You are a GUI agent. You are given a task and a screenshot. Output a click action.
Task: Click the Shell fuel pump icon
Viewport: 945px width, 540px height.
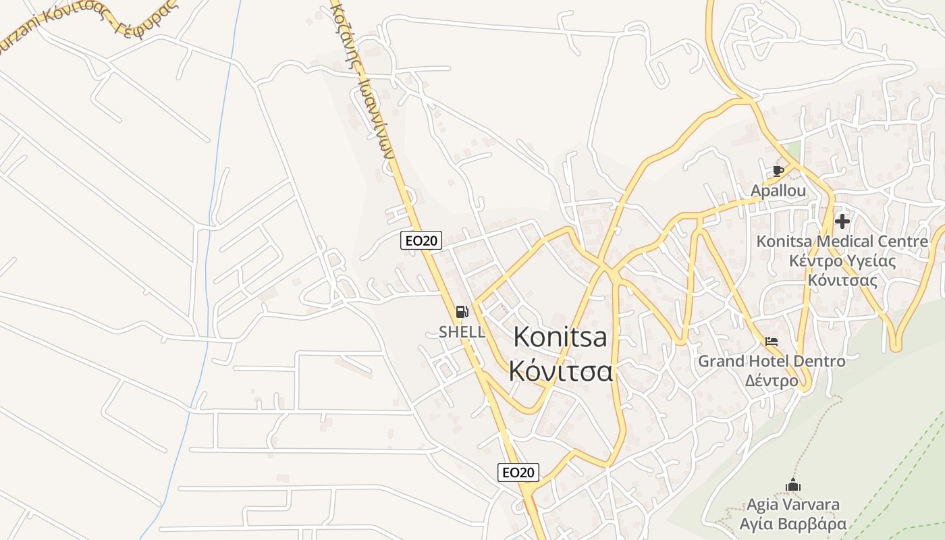[x=462, y=312]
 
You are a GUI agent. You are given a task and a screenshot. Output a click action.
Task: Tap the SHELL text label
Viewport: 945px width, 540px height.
[x=462, y=332]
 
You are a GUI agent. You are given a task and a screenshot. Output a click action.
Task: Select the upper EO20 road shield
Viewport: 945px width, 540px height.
[x=421, y=240]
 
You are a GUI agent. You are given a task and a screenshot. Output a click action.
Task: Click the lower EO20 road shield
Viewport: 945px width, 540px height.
[x=518, y=473]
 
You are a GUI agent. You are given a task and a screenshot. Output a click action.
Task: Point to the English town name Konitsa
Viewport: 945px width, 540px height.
[x=560, y=337]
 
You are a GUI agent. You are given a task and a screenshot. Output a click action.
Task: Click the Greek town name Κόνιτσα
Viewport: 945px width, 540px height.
[x=560, y=371]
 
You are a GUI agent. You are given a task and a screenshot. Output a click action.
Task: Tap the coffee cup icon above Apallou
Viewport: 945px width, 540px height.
[x=778, y=171]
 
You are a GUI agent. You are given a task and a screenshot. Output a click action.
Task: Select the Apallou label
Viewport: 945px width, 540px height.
[x=778, y=191]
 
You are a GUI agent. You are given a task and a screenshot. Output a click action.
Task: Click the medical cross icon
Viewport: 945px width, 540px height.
[x=842, y=221]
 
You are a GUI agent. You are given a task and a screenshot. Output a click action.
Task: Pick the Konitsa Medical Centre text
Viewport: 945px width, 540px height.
[x=842, y=242]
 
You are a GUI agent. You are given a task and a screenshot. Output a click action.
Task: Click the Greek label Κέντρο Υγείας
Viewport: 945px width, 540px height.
[x=842, y=261]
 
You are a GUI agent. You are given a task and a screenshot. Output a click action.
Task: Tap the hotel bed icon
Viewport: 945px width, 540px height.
[x=772, y=342]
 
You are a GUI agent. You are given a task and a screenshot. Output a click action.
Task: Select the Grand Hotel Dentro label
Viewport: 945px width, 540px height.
[x=772, y=361]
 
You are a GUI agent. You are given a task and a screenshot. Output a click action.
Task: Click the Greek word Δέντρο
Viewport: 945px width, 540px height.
[x=772, y=381]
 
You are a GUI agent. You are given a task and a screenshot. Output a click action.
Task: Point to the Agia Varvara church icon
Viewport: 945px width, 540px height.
[x=792, y=485]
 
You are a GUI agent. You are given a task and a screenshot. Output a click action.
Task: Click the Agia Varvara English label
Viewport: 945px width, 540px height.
[x=792, y=504]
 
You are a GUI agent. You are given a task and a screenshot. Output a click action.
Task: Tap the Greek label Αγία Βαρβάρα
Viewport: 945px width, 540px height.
[x=792, y=524]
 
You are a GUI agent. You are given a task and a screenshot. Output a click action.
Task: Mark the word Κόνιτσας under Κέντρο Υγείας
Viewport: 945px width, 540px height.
[x=842, y=280]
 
